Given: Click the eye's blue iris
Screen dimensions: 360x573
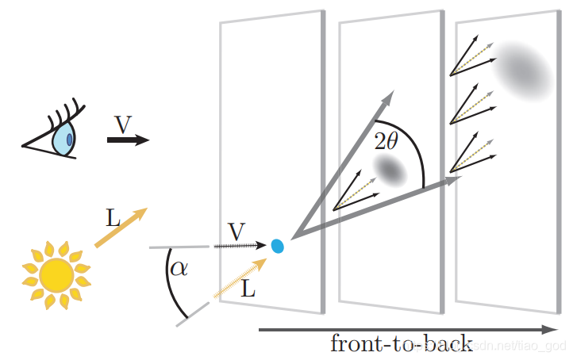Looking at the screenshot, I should pos(63,140).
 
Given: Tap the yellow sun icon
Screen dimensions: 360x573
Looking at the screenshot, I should pos(56,274).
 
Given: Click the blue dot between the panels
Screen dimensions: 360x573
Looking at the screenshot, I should pos(278,246).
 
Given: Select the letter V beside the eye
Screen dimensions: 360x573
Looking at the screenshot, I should pos(122,124).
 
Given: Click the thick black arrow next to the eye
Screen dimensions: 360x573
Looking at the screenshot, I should pos(127,140).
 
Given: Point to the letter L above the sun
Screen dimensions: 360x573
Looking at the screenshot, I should pos(113,217).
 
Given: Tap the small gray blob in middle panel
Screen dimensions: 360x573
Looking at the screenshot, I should pos(390,169).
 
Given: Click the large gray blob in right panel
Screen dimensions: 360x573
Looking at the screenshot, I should pos(523,68).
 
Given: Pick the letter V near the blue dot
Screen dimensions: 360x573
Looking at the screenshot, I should pos(236,232).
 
